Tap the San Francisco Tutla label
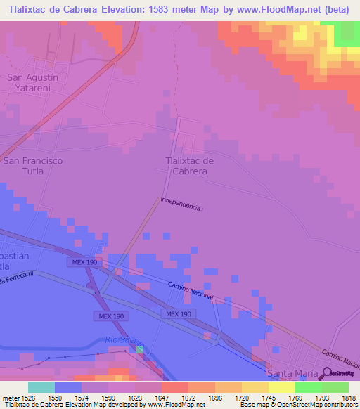[33, 166]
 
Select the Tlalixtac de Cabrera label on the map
[190, 165]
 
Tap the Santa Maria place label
[288, 372]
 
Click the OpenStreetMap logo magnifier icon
[326, 372]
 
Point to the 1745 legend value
[255, 397]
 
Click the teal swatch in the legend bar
[41, 387]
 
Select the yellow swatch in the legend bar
[281, 387]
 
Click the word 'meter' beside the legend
[9, 397]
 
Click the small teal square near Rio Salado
[139, 349]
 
